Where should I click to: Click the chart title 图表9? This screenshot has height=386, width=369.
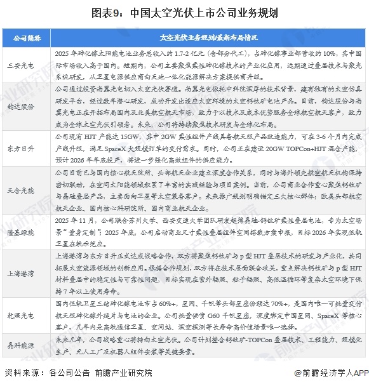click(x=184, y=12)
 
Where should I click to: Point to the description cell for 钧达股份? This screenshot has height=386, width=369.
click(x=203, y=107)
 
